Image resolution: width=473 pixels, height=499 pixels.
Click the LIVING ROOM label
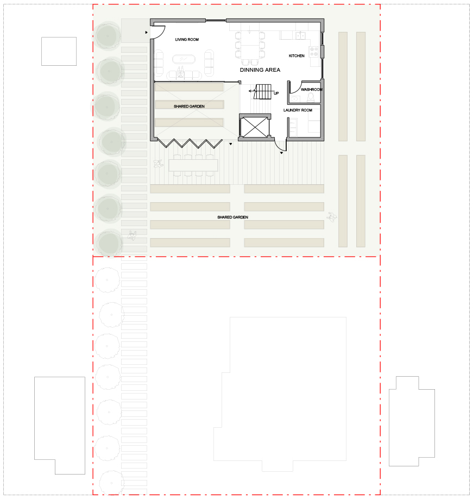click(x=187, y=40)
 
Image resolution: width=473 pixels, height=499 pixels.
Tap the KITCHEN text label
click(x=297, y=55)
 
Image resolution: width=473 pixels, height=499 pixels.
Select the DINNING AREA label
click(x=260, y=70)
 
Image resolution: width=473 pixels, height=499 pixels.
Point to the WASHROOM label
click(x=312, y=90)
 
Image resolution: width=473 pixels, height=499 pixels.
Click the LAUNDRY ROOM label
click(x=298, y=110)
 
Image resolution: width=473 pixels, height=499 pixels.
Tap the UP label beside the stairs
click(x=276, y=93)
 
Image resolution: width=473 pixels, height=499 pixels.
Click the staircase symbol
click(x=263, y=92)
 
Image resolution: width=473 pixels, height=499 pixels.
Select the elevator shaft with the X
click(x=255, y=127)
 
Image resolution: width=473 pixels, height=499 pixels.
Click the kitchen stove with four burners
click(x=314, y=52)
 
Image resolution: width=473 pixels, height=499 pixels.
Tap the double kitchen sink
click(x=301, y=35)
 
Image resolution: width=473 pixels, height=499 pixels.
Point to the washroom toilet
click(x=311, y=97)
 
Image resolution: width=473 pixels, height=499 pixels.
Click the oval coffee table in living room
click(x=184, y=59)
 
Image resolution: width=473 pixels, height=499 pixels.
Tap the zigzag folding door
click(x=190, y=144)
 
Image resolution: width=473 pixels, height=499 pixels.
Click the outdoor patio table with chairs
click(x=193, y=165)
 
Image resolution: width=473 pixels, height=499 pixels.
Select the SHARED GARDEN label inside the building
click(x=189, y=107)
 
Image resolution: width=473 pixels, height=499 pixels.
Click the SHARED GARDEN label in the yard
click(x=232, y=217)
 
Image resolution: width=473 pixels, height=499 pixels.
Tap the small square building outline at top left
click(x=59, y=51)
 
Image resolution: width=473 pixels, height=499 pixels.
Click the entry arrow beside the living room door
click(x=146, y=33)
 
